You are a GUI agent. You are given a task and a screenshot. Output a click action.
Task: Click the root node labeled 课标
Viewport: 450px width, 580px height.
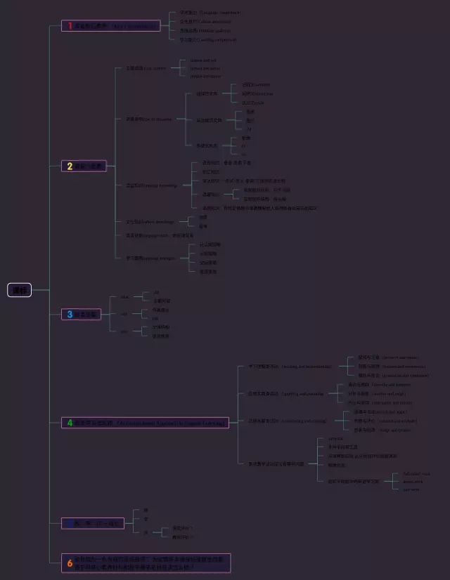(19, 290)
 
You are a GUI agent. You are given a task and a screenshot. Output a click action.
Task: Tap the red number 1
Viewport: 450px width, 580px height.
(70, 26)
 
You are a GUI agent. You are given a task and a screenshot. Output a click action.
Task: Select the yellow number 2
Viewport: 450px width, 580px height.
(70, 166)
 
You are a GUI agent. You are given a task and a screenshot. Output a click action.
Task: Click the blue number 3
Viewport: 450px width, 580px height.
(70, 314)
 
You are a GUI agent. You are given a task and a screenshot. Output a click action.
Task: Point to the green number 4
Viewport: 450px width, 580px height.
(70, 423)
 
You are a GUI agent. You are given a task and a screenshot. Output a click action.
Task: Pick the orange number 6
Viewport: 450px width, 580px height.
(70, 562)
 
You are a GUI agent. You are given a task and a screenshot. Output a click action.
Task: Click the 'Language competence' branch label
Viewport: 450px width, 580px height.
(211, 13)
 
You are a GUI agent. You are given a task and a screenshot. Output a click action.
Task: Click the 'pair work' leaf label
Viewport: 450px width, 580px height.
(412, 489)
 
